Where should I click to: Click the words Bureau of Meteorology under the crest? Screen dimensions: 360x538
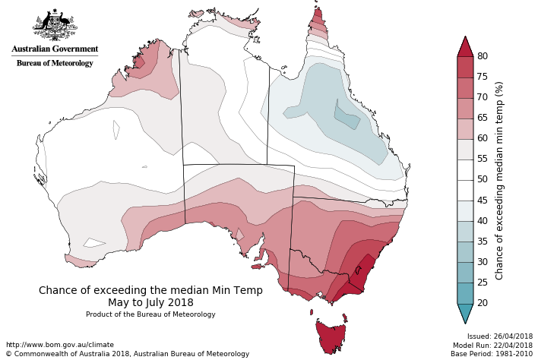[x=55, y=63]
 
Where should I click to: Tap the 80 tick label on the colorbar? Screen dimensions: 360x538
[x=482, y=56]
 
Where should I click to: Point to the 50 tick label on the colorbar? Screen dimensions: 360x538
[x=482, y=180]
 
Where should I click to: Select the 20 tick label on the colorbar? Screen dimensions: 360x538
[x=482, y=303]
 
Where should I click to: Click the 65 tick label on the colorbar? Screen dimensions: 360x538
[x=482, y=118]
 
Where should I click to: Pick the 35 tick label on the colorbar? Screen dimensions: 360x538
[x=482, y=242]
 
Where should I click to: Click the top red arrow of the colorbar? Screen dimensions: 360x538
[x=465, y=46]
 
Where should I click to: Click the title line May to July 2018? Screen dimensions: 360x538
[x=150, y=302]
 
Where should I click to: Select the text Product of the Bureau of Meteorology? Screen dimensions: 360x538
[x=150, y=314]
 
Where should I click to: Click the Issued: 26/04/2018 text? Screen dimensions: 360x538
[x=500, y=336]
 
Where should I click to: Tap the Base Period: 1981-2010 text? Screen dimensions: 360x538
[x=493, y=354]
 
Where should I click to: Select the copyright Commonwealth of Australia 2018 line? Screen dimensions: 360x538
[x=127, y=354]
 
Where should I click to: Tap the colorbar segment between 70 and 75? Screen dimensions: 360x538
[x=465, y=87]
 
